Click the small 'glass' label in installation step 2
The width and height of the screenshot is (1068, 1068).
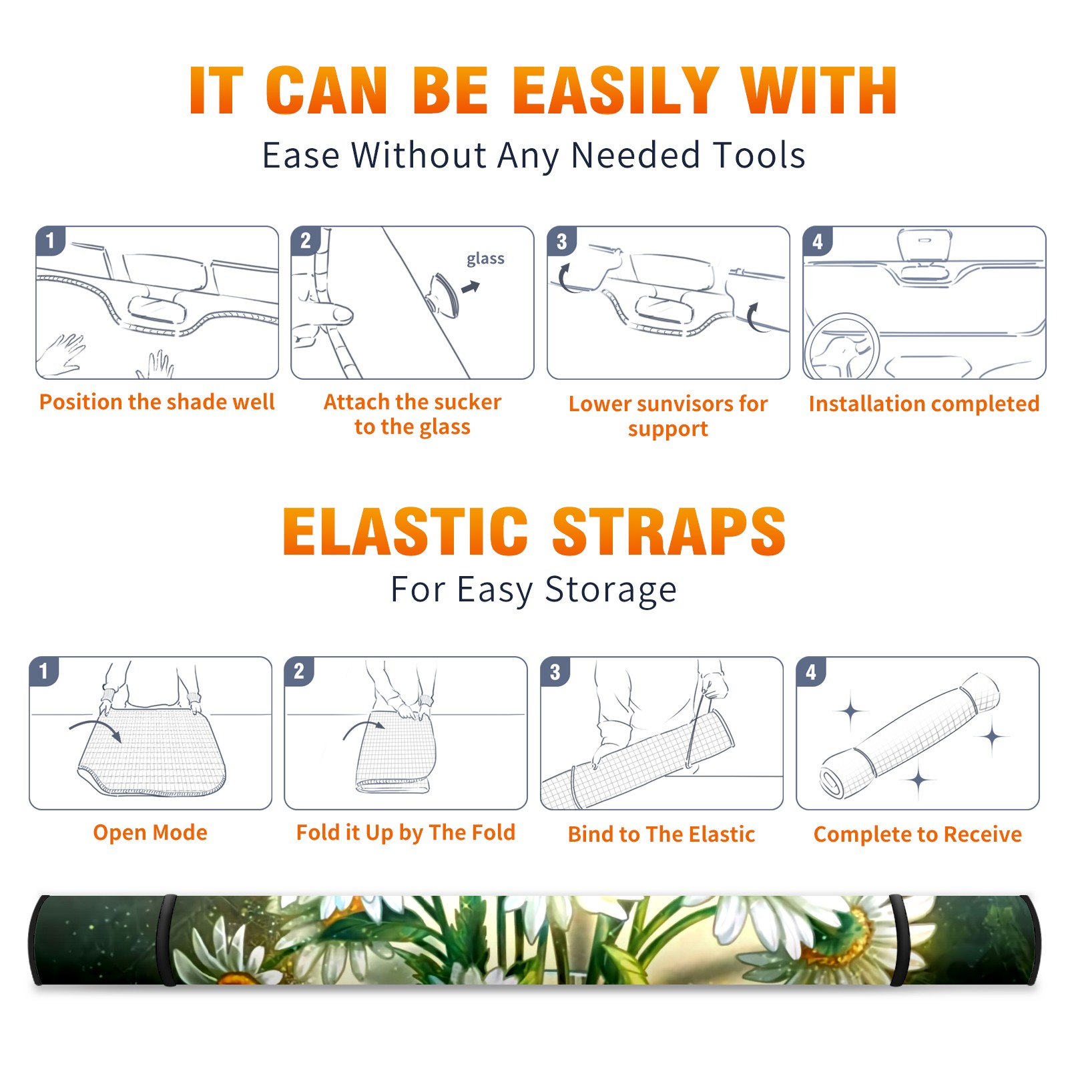[485, 259]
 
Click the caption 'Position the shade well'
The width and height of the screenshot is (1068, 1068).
[157, 402]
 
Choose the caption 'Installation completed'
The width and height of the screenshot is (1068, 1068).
[924, 403]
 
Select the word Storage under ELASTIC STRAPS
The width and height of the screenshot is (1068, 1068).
[611, 590]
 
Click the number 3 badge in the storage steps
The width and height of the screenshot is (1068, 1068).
[555, 672]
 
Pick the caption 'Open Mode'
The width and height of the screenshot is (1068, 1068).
[150, 832]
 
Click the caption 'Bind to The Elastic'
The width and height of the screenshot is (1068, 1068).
[661, 834]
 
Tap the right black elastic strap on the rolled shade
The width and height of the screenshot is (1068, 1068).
[898, 940]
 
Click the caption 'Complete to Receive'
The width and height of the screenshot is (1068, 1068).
[918, 834]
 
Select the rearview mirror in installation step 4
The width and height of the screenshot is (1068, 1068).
[924, 246]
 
